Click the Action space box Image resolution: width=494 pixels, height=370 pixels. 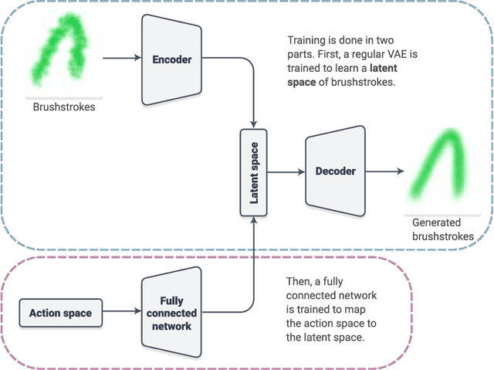pos(60,313)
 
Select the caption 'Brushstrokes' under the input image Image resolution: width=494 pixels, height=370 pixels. pos(64,107)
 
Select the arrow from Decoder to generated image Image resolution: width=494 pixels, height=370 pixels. pos(384,171)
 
